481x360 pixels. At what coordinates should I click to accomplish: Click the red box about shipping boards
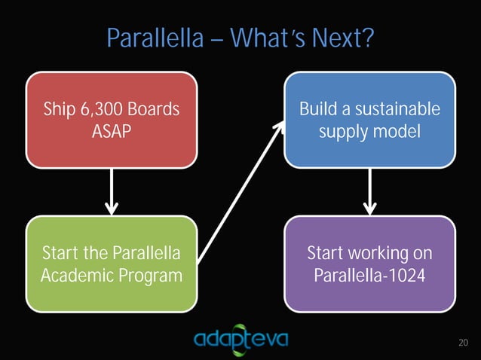pyautogui.click(x=112, y=119)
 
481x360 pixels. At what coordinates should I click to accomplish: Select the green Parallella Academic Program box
pyautogui.click(x=112, y=264)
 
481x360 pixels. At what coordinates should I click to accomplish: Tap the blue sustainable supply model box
pyautogui.click(x=369, y=119)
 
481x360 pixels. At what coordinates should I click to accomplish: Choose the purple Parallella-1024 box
pyautogui.click(x=369, y=264)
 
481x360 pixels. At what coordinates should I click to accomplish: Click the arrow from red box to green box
pyautogui.click(x=112, y=191)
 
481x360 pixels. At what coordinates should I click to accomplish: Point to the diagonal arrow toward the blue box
pyautogui.click(x=241, y=191)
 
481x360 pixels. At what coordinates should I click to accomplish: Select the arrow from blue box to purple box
pyautogui.click(x=369, y=191)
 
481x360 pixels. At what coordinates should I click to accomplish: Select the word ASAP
pyautogui.click(x=112, y=132)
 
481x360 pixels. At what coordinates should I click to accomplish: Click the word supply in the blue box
pyautogui.click(x=345, y=133)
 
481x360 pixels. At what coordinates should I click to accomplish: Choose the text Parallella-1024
pyautogui.click(x=369, y=276)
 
